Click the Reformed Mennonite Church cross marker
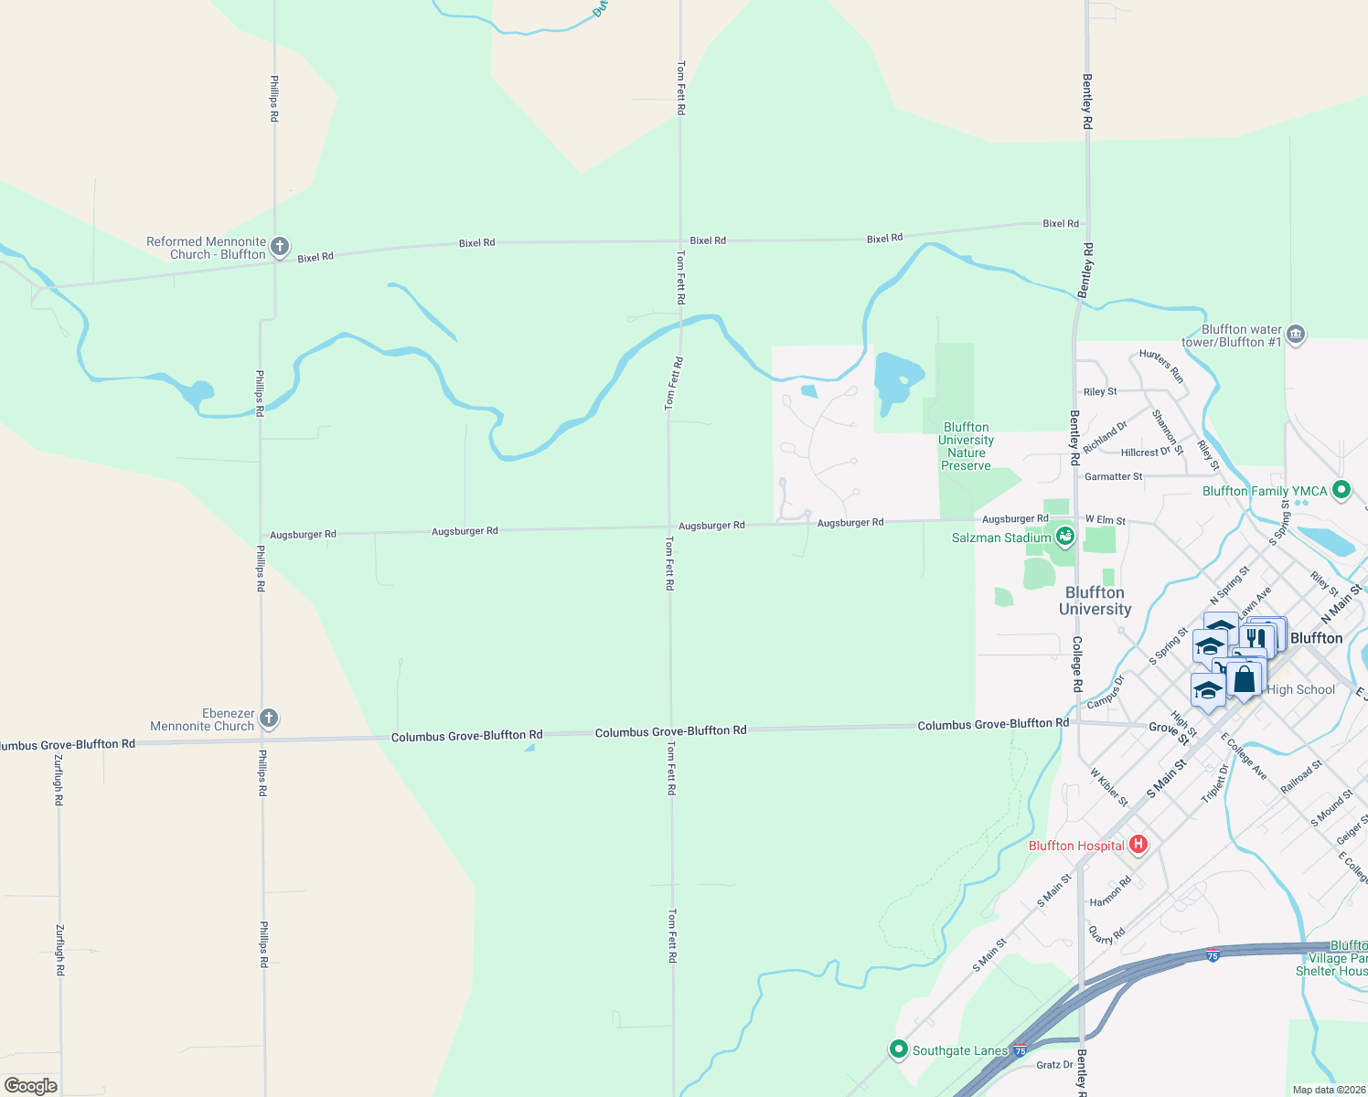coord(280,247)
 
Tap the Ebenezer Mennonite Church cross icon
coord(268,719)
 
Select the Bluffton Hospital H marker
coord(1138,844)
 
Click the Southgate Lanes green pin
coord(898,1049)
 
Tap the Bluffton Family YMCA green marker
coord(1341,491)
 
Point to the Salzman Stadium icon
coord(1064,536)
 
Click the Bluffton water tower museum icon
coord(1295,335)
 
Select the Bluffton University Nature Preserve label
coord(967,446)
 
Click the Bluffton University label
coord(1095,601)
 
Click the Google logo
coord(31,1086)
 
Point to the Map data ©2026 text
coord(1328,1090)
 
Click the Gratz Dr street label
coord(1054,1065)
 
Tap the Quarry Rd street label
coord(1106,934)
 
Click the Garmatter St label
coord(1113,476)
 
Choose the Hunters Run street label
coord(1161,366)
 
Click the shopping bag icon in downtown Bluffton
coord(1244,679)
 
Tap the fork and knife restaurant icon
coord(1256,637)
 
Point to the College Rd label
coord(1077,664)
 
